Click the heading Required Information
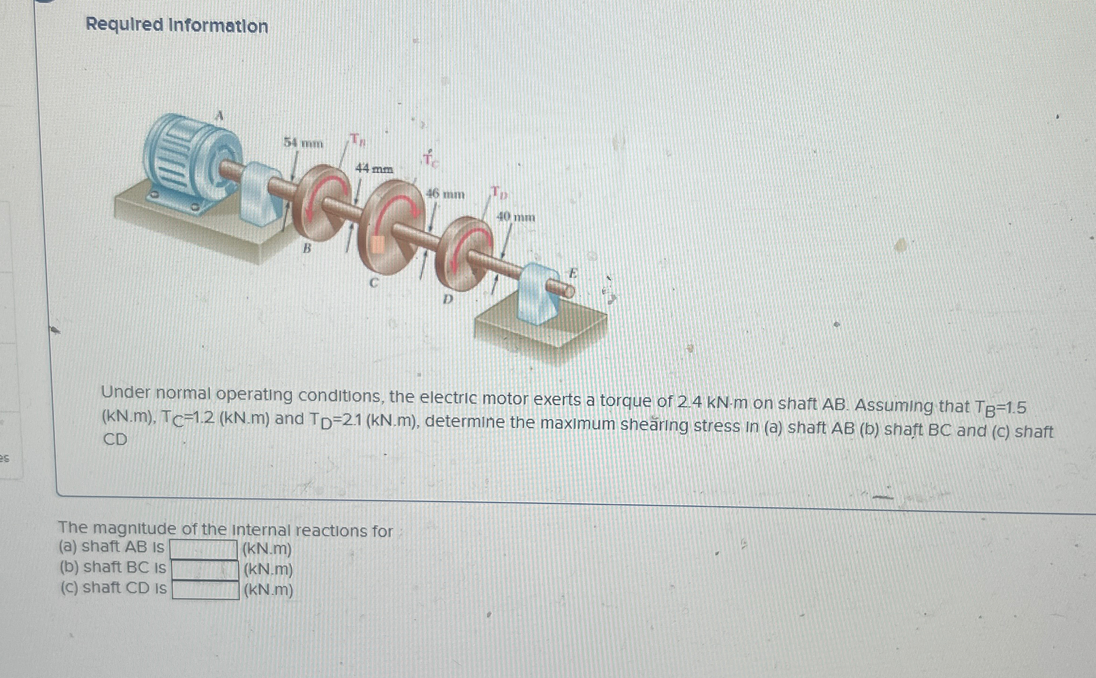tap(177, 25)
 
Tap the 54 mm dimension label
tap(303, 143)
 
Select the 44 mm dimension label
tap(374, 168)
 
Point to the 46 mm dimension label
tap(445, 194)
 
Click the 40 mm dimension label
tap(516, 217)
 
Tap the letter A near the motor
tap(219, 116)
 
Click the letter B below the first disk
tap(307, 248)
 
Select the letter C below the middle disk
tap(374, 283)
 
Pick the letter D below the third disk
tap(447, 299)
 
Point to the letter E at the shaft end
tap(573, 273)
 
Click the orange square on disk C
tap(377, 245)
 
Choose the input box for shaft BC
tap(205, 570)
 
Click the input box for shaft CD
tap(206, 590)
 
